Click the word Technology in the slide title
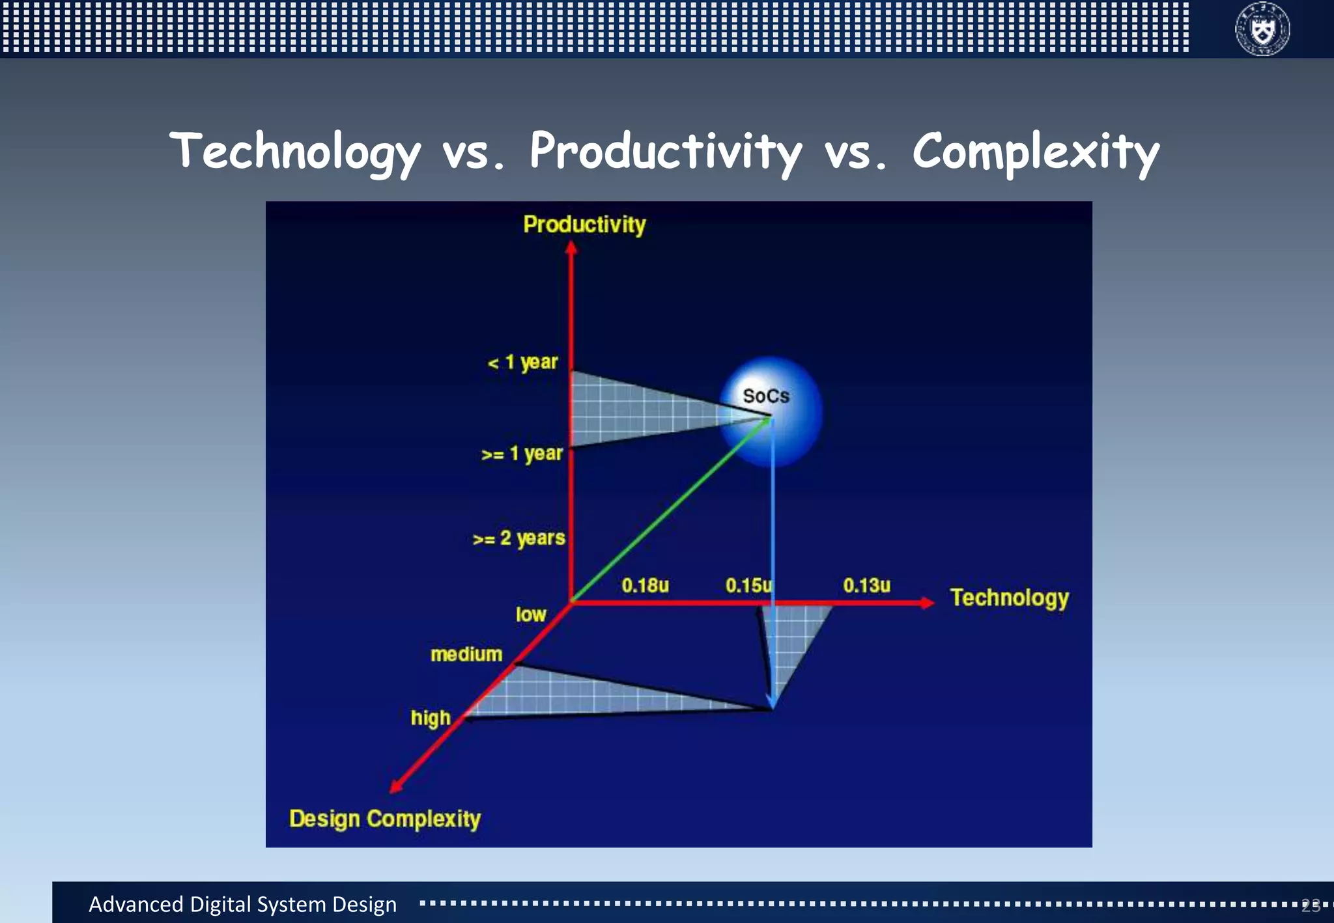pos(294,152)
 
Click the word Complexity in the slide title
pos(1035,152)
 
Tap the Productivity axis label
pos(584,225)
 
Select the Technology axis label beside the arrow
pos(1009,598)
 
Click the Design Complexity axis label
pos(385,819)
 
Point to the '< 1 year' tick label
pos(523,363)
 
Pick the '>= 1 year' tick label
pos(522,454)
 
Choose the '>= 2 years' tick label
pos(519,539)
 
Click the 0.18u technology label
pos(645,585)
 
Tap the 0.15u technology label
pos(748,585)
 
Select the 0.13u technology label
pos(866,585)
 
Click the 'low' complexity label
pos(531,614)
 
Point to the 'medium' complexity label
pos(466,654)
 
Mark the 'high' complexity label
pos(431,717)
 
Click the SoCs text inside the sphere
pos(766,396)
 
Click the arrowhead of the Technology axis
pos(928,603)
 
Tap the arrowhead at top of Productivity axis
pos(571,247)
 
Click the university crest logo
pos(1262,29)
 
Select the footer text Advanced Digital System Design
pos(242,904)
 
